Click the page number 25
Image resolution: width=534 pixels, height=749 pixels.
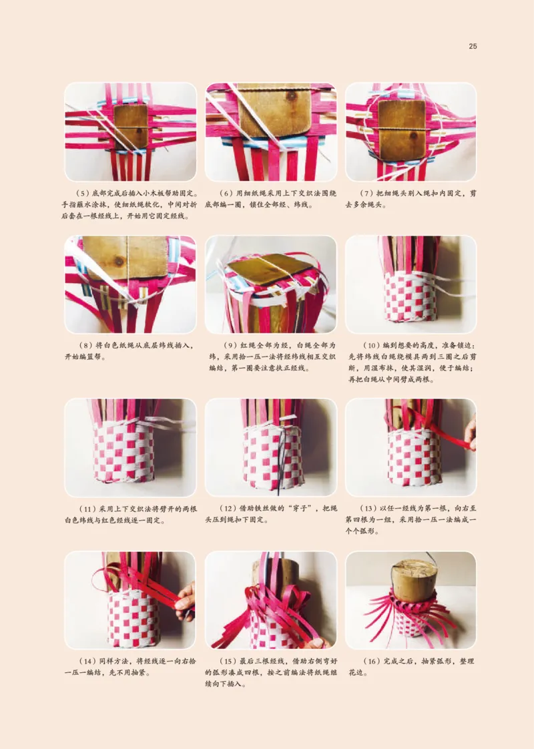(x=473, y=46)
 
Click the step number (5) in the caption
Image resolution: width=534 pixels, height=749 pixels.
(x=83, y=194)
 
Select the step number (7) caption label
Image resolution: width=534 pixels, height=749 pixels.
(x=366, y=194)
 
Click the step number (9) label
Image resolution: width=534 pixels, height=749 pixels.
(x=231, y=345)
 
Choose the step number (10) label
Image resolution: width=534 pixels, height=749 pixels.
(x=371, y=345)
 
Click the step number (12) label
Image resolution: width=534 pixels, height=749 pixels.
(x=228, y=509)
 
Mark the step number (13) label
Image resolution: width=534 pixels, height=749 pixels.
(x=368, y=509)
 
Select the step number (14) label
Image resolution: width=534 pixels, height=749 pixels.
(x=87, y=662)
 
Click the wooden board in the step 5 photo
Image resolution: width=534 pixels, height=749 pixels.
(x=131, y=126)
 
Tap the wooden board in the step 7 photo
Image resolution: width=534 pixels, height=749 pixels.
(x=402, y=128)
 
